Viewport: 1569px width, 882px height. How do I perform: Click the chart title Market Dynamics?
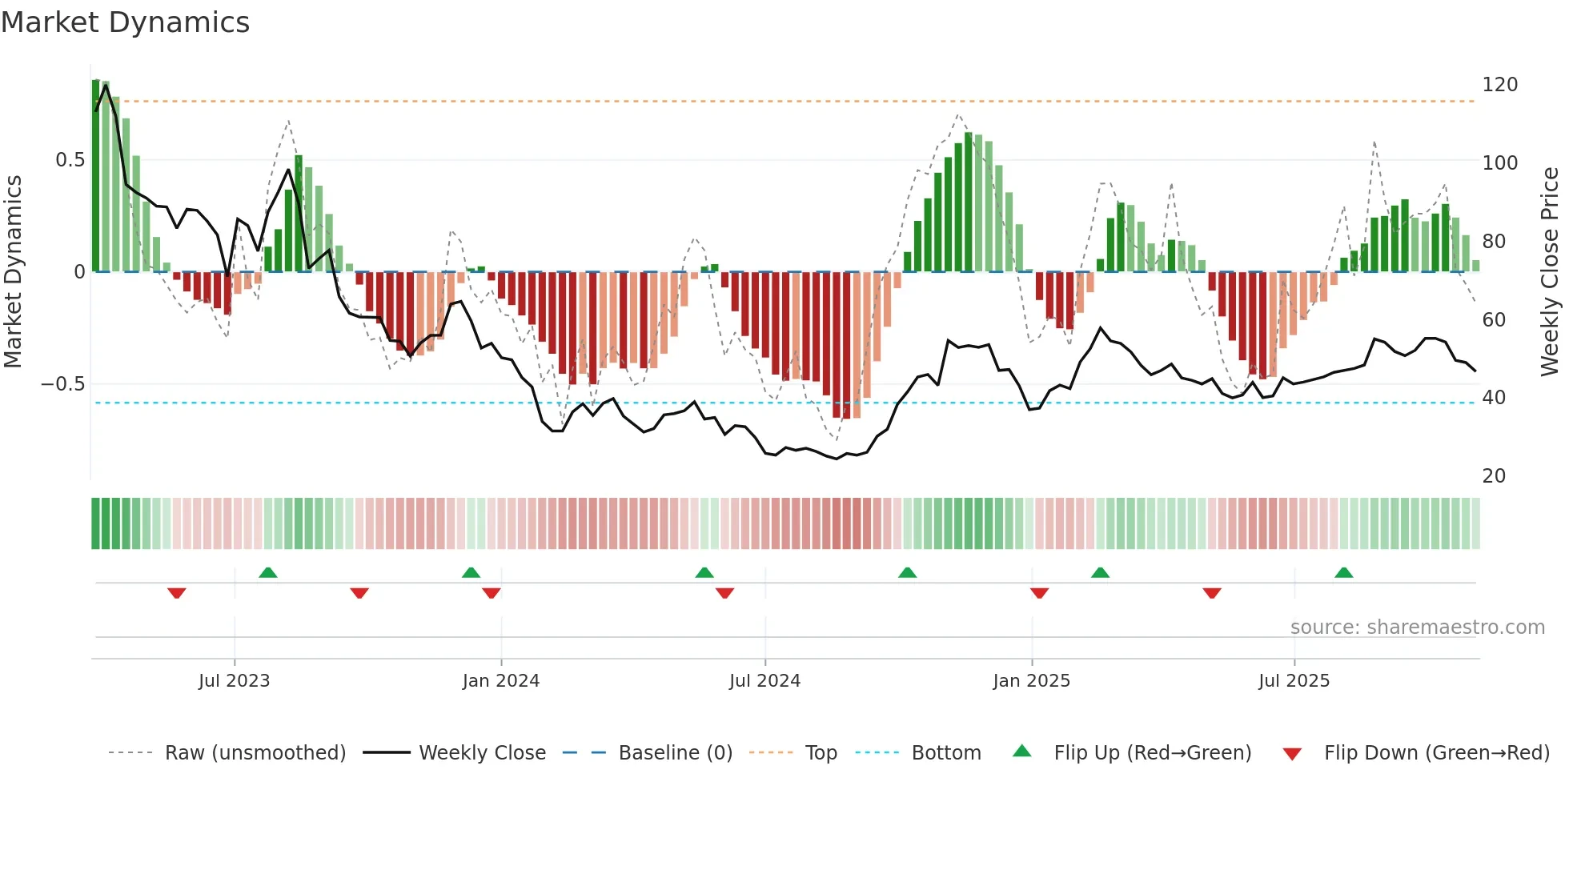(x=125, y=22)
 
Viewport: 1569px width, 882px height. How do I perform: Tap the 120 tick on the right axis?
(x=1499, y=85)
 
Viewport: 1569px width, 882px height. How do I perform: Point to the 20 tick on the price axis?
(x=1494, y=476)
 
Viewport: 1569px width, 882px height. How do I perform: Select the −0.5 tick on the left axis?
(x=62, y=384)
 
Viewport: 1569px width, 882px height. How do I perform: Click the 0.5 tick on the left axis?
(x=70, y=160)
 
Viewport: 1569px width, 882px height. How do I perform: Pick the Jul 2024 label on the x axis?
(x=764, y=681)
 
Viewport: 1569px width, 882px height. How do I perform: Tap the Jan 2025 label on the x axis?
(x=1031, y=681)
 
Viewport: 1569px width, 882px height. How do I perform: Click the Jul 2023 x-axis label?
(x=234, y=681)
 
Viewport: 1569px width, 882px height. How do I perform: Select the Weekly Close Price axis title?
(x=1550, y=272)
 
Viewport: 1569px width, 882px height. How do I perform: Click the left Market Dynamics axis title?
(x=13, y=272)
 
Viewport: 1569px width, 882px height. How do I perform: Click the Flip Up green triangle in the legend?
(x=1022, y=752)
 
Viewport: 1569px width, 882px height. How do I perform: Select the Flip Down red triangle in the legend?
(x=1292, y=754)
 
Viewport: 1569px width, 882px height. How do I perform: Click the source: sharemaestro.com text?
(x=1417, y=627)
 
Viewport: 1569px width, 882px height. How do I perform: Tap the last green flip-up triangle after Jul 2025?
(x=1343, y=573)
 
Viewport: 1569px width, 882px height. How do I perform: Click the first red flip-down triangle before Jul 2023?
(x=177, y=593)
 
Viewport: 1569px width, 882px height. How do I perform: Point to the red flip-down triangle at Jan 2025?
(x=1039, y=593)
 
